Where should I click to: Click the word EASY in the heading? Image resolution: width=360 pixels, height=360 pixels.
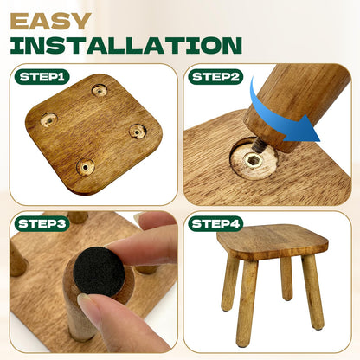coord(51,22)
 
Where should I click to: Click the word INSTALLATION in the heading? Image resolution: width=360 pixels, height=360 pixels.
coord(126,45)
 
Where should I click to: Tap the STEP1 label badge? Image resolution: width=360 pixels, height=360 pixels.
coord(42,77)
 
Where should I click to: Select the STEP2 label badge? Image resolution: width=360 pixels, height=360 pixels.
coord(215,77)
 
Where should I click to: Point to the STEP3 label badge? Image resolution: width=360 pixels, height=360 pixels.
coord(42,224)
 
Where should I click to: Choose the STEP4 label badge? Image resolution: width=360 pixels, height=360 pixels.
coord(215,224)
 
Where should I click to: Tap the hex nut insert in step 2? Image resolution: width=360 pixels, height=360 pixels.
coord(251,159)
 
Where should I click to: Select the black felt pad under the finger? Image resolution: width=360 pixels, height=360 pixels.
coord(100,271)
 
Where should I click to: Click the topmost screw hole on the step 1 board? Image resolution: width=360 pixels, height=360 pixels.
coord(100,91)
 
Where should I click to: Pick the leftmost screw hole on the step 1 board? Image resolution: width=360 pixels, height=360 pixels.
coord(48,119)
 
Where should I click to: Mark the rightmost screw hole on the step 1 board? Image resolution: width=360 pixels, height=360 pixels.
coord(137,132)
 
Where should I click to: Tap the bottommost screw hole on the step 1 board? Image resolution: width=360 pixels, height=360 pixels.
coord(86,167)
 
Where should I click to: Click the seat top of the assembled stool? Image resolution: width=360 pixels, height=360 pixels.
coord(273,240)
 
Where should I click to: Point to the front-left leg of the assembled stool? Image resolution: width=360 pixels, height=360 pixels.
coord(246,303)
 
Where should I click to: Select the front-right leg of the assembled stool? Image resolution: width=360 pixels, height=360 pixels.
coord(312,292)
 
